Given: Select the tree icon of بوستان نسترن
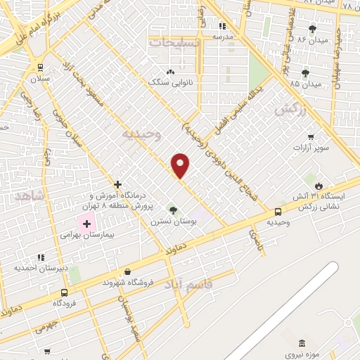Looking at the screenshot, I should click(x=173, y=210).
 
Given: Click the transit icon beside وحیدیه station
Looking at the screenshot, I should click(x=278, y=211).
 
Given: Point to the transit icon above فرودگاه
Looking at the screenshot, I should click(x=65, y=292).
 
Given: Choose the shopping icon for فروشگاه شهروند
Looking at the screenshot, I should click(x=127, y=271).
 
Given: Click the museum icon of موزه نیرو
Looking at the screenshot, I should click(x=302, y=342).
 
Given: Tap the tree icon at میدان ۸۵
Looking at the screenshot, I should click(x=305, y=73).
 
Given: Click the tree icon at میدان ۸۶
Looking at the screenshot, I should click(x=312, y=29).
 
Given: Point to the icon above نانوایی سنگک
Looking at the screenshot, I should click(x=169, y=72).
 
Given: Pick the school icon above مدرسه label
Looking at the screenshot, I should click(x=223, y=25).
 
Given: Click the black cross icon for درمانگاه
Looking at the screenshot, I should click(x=117, y=184).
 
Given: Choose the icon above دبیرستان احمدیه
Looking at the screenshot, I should click(x=41, y=257).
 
